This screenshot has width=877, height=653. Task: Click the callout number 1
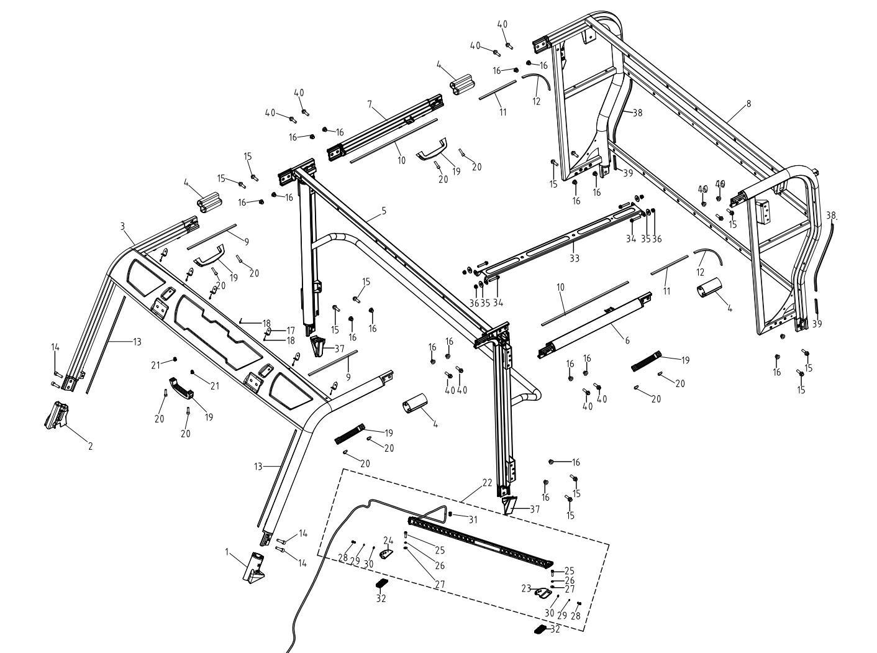pyautogui.click(x=227, y=550)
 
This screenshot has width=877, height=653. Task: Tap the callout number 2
pyautogui.click(x=90, y=446)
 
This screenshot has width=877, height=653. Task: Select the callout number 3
pyautogui.click(x=123, y=227)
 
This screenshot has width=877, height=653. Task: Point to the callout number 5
pyautogui.click(x=384, y=211)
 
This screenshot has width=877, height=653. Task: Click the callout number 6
pyautogui.click(x=627, y=340)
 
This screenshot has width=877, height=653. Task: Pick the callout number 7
pyautogui.click(x=370, y=104)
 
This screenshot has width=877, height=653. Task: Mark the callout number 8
pyautogui.click(x=748, y=104)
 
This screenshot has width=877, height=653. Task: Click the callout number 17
pyautogui.click(x=289, y=330)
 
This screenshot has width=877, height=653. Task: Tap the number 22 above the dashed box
pyautogui.click(x=486, y=483)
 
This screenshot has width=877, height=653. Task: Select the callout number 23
pyautogui.click(x=526, y=588)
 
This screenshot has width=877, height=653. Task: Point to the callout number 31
pyautogui.click(x=473, y=519)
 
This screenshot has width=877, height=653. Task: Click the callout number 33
pyautogui.click(x=575, y=258)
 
